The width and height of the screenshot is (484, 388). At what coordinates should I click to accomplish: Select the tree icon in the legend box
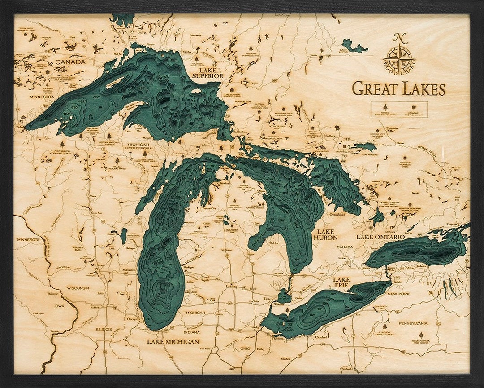[385, 107]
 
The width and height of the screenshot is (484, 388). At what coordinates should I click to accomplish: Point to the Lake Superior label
[207, 73]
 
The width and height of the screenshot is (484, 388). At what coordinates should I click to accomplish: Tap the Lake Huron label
[325, 234]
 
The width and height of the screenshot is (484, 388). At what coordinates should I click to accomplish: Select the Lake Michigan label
[173, 342]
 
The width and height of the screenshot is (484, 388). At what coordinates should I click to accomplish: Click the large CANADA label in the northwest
[70, 62]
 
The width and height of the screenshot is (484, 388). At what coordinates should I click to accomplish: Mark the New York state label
[398, 294]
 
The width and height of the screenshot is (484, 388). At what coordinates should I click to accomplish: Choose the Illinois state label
[104, 329]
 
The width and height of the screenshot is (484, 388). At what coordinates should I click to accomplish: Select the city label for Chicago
[131, 319]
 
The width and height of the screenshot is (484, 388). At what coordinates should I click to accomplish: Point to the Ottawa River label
[441, 148]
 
